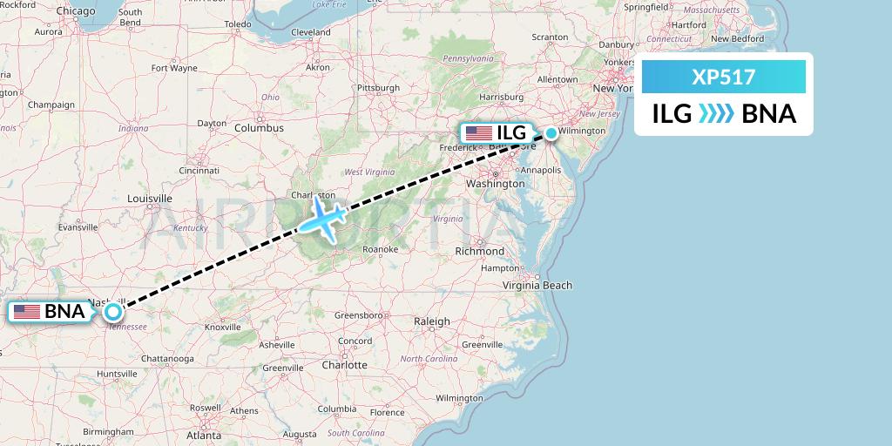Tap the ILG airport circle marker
pos(551,133)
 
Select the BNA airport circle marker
pos(112,311)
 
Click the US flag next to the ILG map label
pos(478,133)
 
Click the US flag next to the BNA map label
pos(27,311)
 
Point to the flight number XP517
pos(723,77)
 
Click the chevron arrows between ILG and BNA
pos(716,114)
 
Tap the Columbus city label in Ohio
pos(259,128)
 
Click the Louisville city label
pos(150,199)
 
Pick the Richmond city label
pos(479,252)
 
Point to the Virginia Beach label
pos(537,285)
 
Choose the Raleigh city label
pos(432,321)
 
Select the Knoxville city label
pos(223,327)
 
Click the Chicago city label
pos(77,10)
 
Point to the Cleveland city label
pos(311,32)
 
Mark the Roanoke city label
pos(380,249)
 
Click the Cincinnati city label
pos(199,171)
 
